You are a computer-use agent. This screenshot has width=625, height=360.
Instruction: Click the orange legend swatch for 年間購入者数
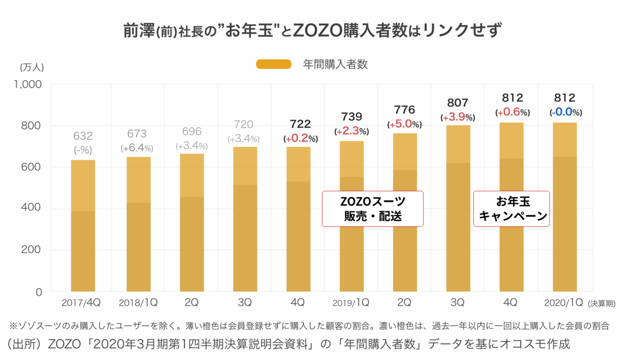(x=273, y=64)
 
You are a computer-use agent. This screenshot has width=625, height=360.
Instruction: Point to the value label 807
(x=458, y=103)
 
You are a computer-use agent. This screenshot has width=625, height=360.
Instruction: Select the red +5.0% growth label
(x=405, y=124)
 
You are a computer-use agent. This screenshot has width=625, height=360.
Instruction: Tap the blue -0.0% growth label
(x=565, y=112)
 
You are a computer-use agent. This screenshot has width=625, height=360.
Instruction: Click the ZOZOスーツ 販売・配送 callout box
(x=373, y=209)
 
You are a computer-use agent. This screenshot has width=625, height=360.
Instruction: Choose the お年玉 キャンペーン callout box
(x=512, y=209)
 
